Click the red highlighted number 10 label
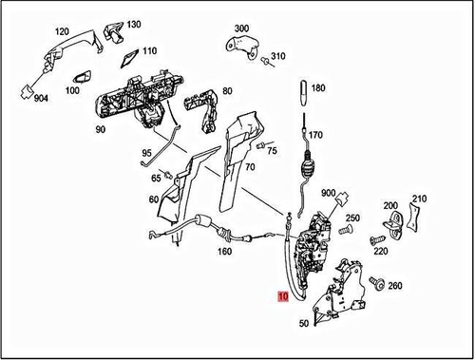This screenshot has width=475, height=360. (283, 295)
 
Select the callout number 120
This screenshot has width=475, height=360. (62, 31)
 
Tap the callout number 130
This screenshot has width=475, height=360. (133, 24)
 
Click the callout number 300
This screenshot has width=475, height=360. (241, 29)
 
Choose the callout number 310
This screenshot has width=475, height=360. (277, 57)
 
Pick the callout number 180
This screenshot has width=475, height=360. (317, 88)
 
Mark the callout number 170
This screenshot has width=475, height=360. (314, 134)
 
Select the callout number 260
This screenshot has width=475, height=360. (394, 285)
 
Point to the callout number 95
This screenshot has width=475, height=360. (147, 153)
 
